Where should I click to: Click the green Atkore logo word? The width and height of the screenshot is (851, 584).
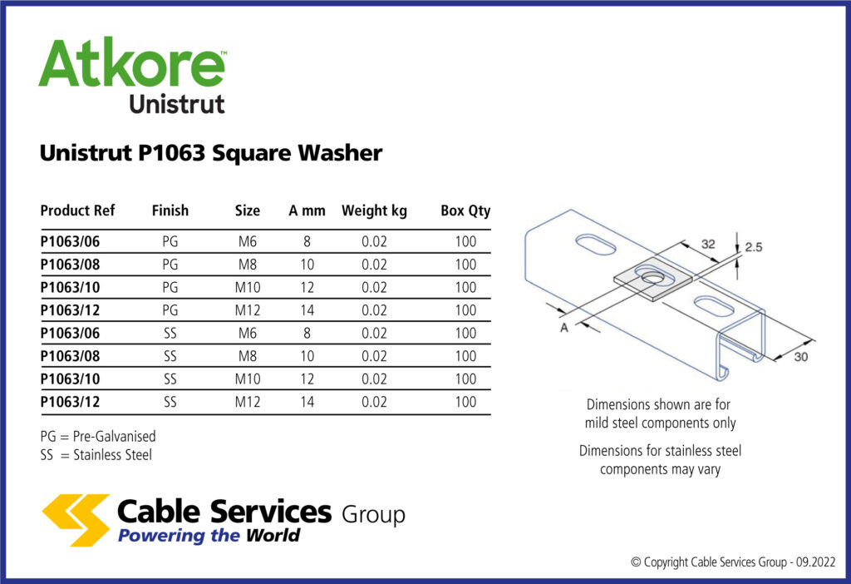point(131,65)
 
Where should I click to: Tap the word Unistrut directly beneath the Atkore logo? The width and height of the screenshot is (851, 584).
point(176,105)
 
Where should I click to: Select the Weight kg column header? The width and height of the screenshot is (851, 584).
point(374,210)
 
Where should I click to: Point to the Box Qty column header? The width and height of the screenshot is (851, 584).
point(465,210)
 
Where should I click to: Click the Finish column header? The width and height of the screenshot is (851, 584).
point(170,210)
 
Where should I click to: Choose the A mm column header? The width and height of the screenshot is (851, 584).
point(307,210)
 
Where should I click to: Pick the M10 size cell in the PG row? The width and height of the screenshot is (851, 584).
point(248,288)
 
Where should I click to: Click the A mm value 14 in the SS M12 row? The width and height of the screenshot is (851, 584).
point(307,402)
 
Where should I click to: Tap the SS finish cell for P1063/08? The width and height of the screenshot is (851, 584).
point(170,356)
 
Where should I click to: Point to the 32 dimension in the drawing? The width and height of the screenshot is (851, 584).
point(708,245)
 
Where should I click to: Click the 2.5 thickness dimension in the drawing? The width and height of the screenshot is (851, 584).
point(755,248)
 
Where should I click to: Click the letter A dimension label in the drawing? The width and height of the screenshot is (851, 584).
point(564,328)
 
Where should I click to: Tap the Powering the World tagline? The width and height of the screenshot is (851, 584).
point(209,536)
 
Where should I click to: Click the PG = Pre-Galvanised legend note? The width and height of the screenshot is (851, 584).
point(98,436)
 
